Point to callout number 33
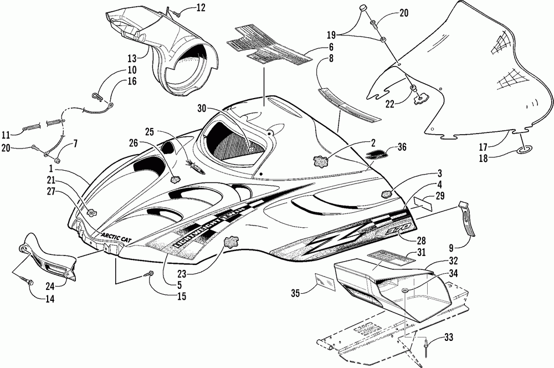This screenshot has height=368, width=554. click(449, 338)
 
